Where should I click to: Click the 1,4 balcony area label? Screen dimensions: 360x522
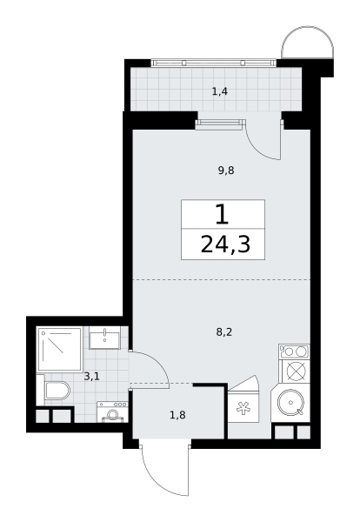pyautogui.click(x=220, y=91)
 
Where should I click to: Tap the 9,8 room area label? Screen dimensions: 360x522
pyautogui.click(x=226, y=171)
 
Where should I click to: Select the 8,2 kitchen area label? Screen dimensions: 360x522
pyautogui.click(x=224, y=332)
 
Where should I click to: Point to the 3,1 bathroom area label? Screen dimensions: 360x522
pyautogui.click(x=92, y=377)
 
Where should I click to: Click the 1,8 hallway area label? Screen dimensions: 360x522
pyautogui.click(x=177, y=415)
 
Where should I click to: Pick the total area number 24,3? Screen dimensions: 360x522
pyautogui.click(x=225, y=245)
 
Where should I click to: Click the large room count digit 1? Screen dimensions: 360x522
pyautogui.click(x=223, y=215)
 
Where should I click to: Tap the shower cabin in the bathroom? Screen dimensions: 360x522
pyautogui.click(x=59, y=349)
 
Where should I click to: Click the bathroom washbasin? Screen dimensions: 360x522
pyautogui.click(x=105, y=338)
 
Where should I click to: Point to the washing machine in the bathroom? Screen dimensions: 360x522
pyautogui.click(x=112, y=412)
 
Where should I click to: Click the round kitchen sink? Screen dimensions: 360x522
pyautogui.click(x=290, y=402)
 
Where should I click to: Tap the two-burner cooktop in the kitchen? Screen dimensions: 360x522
pyautogui.click(x=295, y=351)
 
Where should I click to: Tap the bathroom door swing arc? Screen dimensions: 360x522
pyautogui.click(x=156, y=362)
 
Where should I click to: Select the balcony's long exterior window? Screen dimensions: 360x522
pyautogui.click(x=214, y=63)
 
